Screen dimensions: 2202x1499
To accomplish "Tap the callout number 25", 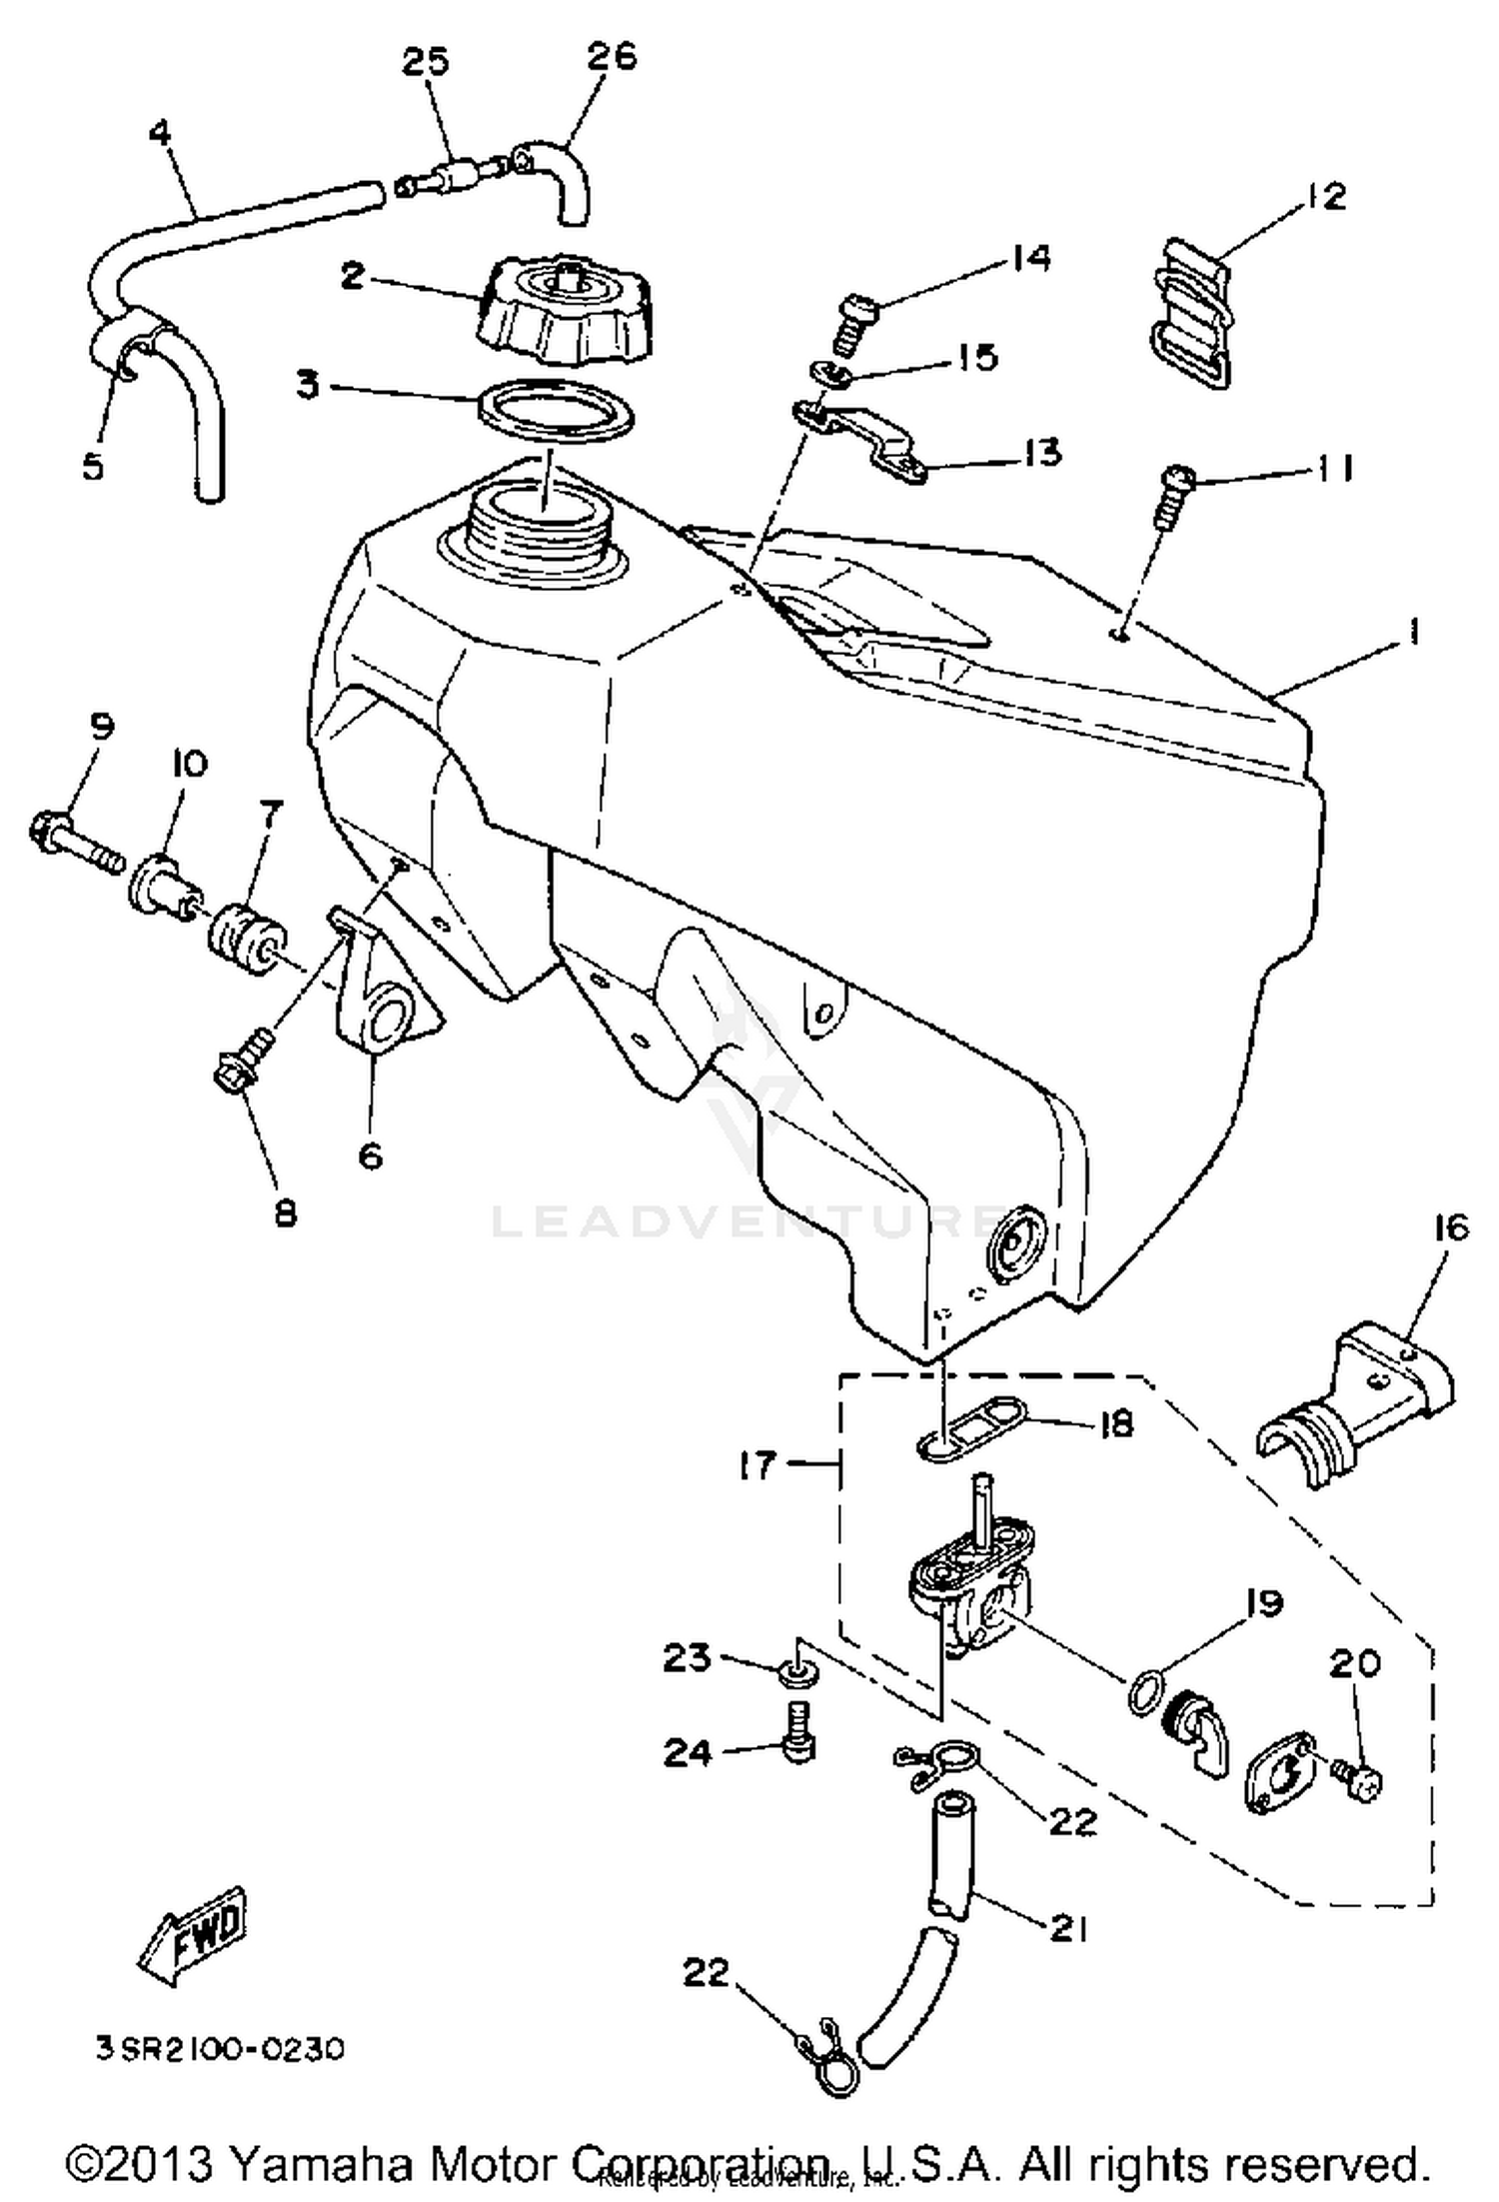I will click(x=427, y=62).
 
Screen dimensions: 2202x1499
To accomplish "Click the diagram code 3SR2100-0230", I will click(x=220, y=2049).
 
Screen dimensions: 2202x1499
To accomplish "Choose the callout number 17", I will click(x=757, y=1465).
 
